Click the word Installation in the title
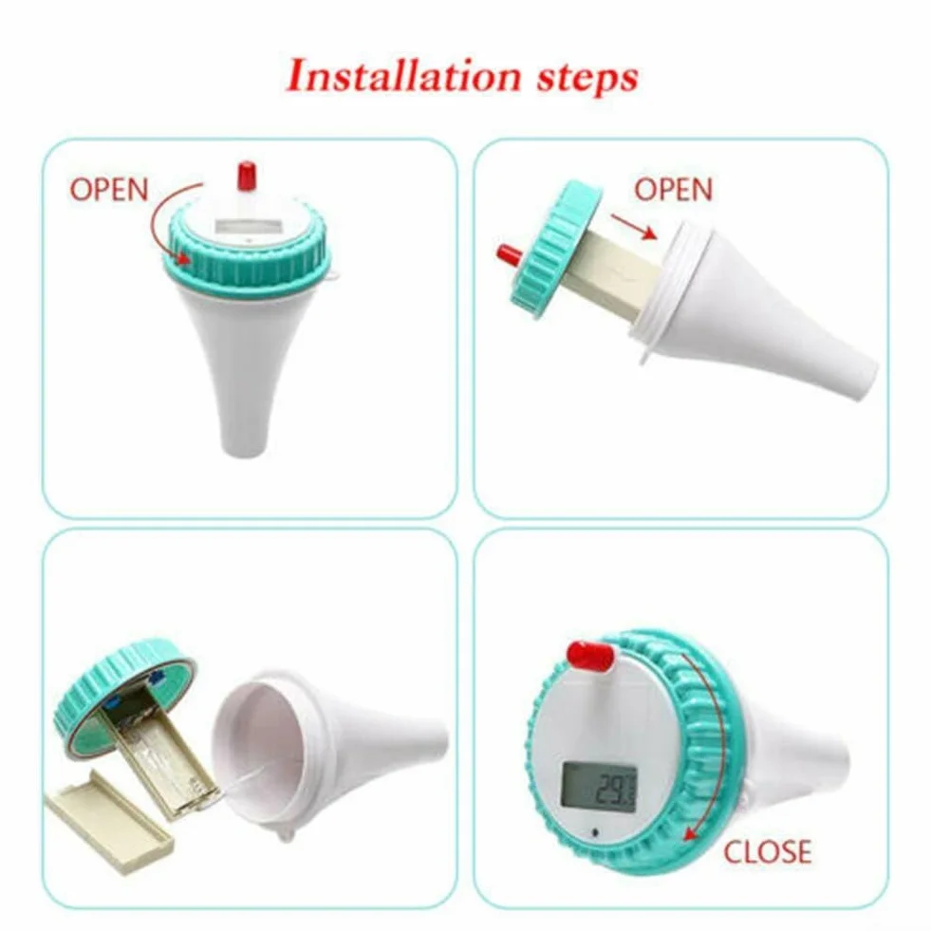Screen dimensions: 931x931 coord(403,77)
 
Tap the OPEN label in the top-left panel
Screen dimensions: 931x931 coord(109,190)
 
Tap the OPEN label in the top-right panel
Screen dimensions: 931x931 coord(673,190)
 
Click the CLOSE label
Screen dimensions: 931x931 coord(768,851)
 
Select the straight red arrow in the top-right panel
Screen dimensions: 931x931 coord(634,227)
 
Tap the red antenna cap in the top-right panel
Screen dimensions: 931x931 coord(509,256)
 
